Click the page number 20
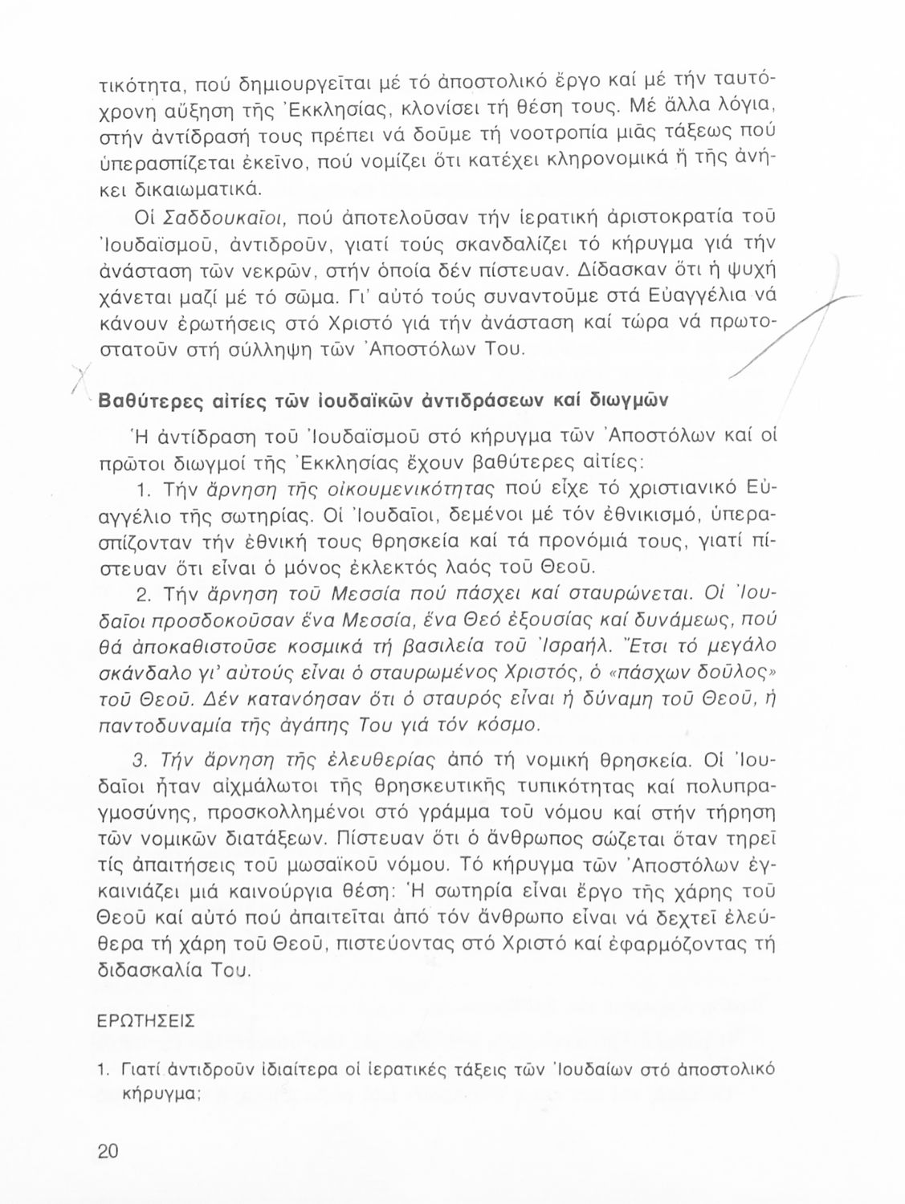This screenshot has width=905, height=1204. [x=108, y=1151]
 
